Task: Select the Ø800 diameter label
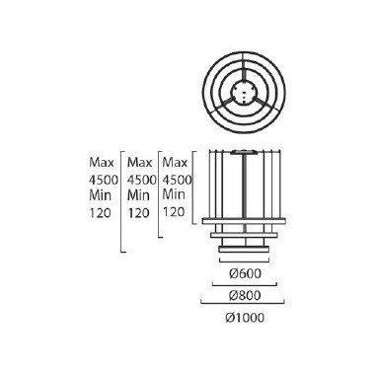pos(242,296)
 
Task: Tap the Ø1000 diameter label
pos(243,318)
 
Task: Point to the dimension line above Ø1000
pos(243,306)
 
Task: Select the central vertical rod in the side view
pos(243,188)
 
